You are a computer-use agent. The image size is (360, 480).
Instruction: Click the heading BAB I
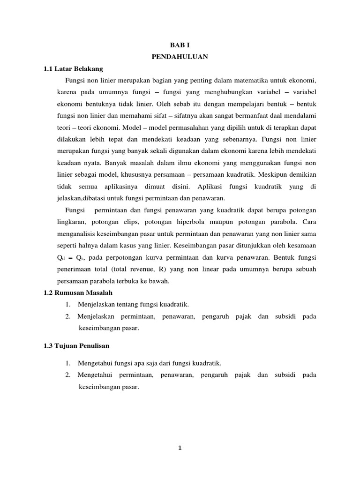tap(180, 47)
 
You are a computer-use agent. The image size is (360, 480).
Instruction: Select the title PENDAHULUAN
tap(180, 58)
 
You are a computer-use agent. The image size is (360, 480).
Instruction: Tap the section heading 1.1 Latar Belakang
tap(73, 68)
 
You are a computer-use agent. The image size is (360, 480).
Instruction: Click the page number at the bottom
tap(180, 448)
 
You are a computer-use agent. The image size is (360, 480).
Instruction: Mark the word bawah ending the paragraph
tap(159, 281)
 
